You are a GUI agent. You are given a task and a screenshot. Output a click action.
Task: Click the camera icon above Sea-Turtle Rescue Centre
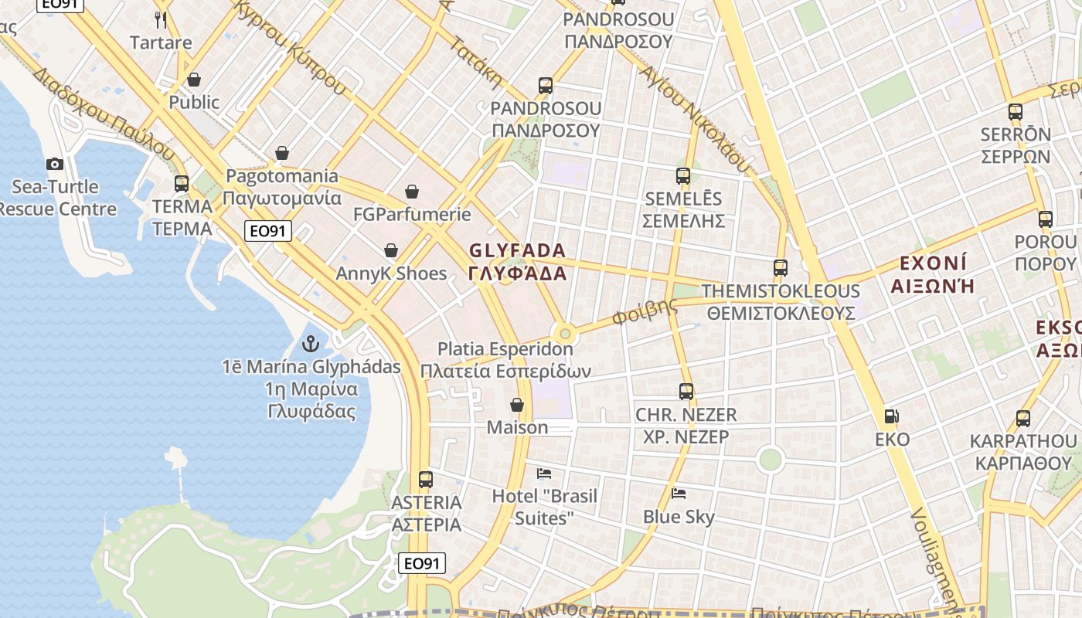pos(54,164)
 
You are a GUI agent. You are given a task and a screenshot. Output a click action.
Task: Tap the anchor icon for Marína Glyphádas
pos(311,343)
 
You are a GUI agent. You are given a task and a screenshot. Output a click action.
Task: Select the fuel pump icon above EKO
pos(891,416)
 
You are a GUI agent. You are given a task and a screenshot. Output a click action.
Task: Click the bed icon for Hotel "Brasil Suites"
pos(544,473)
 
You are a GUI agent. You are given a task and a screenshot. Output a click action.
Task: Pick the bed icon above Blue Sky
pos(679,493)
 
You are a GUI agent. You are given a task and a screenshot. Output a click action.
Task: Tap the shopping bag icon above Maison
pos(517,405)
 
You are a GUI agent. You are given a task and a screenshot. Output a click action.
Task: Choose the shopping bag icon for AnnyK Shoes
pos(391,250)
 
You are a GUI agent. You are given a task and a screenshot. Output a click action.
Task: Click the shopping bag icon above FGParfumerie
pos(412,191)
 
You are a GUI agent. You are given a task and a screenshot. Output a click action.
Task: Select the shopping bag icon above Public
pos(194,80)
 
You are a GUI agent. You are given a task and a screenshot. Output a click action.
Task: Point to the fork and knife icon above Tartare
pos(161,19)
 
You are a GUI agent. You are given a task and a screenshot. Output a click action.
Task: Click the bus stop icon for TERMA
pos(182,184)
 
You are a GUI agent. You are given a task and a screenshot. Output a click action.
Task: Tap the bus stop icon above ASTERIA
pos(426,479)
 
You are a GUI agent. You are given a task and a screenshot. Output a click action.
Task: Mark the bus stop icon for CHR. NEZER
pos(686,392)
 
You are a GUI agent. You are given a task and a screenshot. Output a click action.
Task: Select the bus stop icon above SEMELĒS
pos(683,175)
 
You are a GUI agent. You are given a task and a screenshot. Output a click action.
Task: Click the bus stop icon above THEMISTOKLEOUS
pos(781,268)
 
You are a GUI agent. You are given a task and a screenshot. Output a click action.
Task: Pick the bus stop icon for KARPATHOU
pos(1023,419)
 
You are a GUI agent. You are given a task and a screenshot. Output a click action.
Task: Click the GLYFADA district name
pos(518,262)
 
